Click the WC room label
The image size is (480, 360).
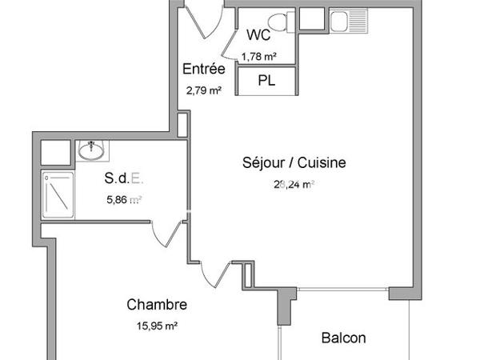pos(258,35)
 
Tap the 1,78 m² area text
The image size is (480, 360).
pos(259,56)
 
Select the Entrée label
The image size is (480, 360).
pos(203,69)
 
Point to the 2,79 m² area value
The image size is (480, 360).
pos(203,90)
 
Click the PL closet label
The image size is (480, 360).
pos(266,81)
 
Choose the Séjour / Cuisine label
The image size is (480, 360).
pos(294,162)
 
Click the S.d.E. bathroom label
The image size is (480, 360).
pos(125,178)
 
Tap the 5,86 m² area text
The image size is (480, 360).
pos(125,200)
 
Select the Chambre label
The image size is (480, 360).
pos(157,305)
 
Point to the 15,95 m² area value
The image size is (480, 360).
pos(157,326)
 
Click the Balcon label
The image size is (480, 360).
pos(344,338)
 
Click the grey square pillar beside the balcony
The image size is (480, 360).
pos(399,293)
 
